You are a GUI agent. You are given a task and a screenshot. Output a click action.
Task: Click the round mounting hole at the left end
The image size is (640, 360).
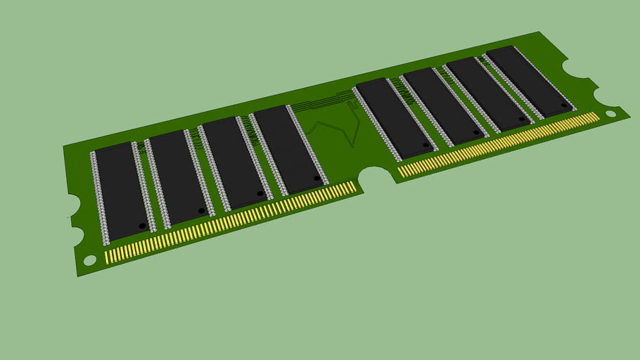90,260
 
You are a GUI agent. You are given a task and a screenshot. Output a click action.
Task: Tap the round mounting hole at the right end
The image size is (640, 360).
610,112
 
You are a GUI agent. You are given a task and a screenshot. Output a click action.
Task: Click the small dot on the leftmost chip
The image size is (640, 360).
142,226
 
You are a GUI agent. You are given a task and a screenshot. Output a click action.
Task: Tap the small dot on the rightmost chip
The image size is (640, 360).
564,105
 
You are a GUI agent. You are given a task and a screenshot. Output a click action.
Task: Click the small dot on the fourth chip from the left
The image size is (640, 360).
317,179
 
